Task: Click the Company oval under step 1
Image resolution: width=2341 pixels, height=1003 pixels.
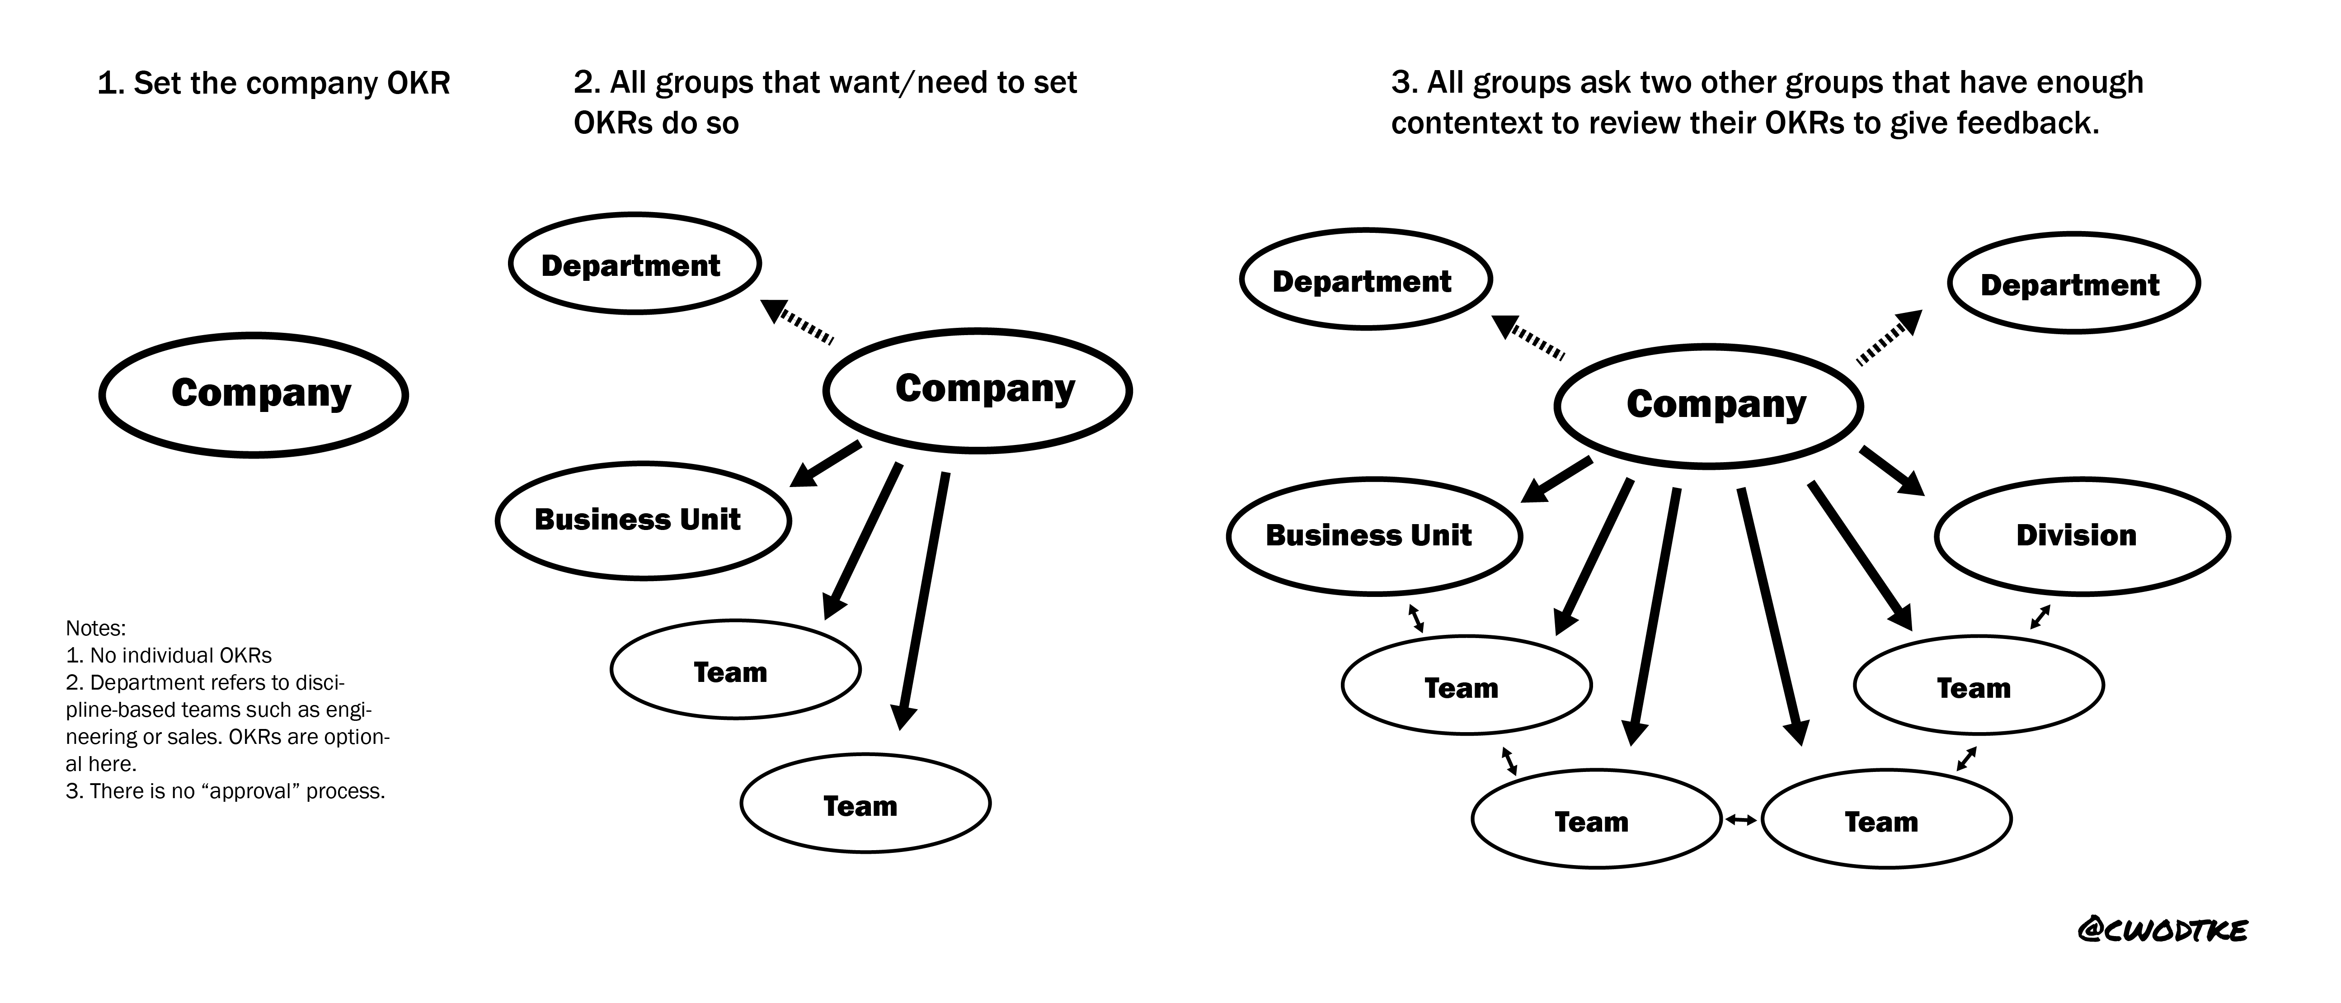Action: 254,394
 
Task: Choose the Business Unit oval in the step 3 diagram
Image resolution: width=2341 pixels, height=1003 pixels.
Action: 1374,535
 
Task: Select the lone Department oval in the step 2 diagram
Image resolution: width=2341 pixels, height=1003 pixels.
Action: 635,264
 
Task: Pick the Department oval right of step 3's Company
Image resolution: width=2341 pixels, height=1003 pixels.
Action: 2073,284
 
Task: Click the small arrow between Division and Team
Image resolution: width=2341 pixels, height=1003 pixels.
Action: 2040,616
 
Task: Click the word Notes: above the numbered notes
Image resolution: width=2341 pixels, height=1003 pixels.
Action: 95,628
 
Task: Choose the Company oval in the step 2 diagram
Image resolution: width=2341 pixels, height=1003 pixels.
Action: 978,390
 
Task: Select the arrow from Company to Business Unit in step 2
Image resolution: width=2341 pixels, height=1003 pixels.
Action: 825,464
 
